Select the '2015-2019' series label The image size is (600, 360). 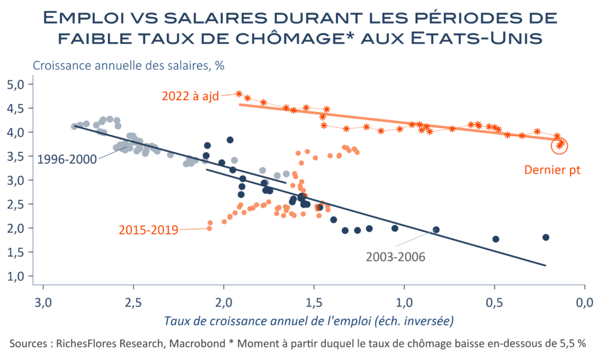[148, 229]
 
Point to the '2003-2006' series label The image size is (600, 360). [395, 256]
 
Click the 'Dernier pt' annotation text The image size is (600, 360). [552, 170]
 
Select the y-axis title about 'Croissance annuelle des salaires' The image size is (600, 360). [128, 65]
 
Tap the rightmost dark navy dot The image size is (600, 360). [545, 238]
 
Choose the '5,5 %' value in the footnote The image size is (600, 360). [572, 344]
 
